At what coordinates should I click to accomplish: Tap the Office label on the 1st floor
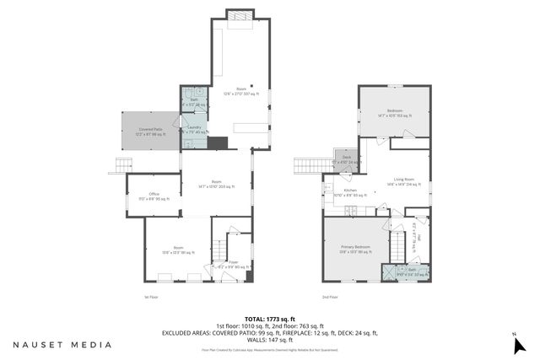154,196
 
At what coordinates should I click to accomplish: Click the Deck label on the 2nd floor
346,159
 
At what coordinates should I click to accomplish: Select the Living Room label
403,180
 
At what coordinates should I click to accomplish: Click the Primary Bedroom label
355,248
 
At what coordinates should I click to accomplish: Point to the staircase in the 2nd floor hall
397,248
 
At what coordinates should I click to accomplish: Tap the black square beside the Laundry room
217,142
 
